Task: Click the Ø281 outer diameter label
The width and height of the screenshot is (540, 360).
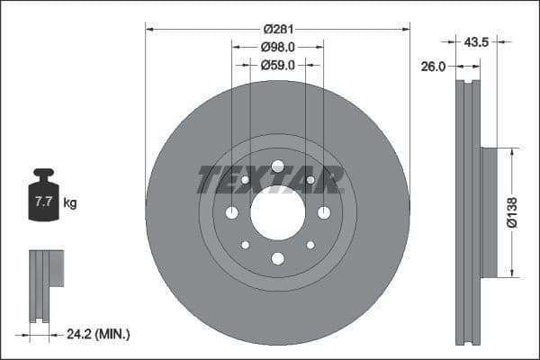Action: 277,28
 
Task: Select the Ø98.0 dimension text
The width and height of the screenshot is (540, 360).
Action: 277,47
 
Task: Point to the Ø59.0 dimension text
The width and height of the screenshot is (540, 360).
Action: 277,65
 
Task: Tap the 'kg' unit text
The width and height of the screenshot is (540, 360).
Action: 70,203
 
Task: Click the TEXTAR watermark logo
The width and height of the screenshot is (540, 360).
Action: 270,180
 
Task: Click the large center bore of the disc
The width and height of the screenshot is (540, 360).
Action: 277,212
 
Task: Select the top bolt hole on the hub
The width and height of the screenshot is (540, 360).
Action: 277,166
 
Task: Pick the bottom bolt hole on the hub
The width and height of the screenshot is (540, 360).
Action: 277,258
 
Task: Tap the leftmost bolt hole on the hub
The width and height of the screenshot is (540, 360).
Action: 231,212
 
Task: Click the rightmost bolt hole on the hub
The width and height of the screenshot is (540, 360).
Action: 323,212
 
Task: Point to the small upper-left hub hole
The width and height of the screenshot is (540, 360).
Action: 245,180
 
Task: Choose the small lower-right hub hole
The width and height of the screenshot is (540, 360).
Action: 310,245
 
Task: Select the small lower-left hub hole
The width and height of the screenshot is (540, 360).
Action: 245,245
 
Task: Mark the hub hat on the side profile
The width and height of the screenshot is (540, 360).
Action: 489,212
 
